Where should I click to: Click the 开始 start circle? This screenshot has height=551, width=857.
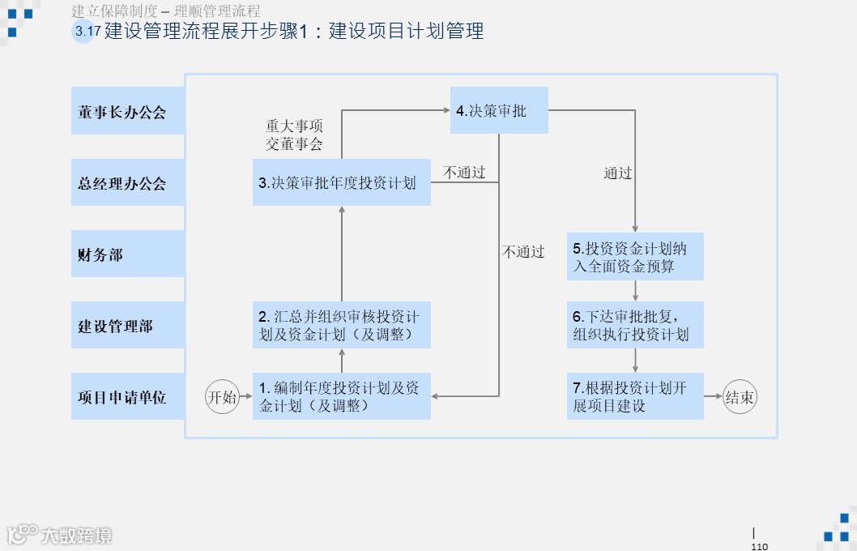tap(223, 397)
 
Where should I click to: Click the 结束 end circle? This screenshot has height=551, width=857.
tap(740, 397)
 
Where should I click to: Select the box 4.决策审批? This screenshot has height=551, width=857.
tap(499, 110)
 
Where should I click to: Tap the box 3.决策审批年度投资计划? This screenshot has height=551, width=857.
tap(341, 183)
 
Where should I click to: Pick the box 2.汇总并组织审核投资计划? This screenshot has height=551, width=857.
tap(341, 325)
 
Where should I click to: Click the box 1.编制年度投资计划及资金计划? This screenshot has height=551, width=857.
tap(341, 396)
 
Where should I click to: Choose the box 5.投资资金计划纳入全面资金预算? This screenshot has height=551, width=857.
tap(634, 257)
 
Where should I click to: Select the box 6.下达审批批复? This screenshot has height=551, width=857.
tap(634, 325)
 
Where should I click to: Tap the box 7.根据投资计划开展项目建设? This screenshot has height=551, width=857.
tap(634, 396)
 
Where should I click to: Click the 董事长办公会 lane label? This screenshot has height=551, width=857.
tap(127, 112)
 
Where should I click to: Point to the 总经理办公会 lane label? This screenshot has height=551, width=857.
tap(127, 183)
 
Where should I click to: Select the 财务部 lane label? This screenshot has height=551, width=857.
tap(127, 254)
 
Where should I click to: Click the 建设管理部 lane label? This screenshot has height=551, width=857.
tap(127, 326)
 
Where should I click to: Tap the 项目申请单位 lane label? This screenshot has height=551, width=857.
tap(127, 397)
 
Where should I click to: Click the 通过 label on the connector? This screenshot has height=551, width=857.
tap(618, 173)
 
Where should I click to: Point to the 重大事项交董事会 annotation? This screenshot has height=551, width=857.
tap(294, 135)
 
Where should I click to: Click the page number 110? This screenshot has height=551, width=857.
tap(759, 546)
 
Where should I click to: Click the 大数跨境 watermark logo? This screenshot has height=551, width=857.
tap(60, 535)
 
